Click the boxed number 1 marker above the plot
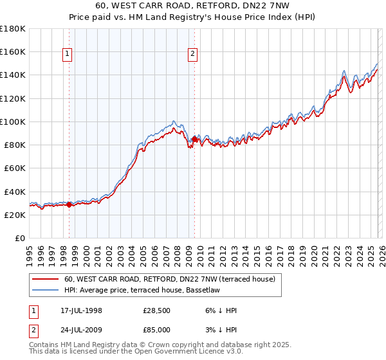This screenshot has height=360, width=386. [69, 55]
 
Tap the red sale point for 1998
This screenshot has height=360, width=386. [69, 205]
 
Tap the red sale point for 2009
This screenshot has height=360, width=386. [194, 138]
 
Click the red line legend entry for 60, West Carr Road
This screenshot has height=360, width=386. [170, 279]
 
